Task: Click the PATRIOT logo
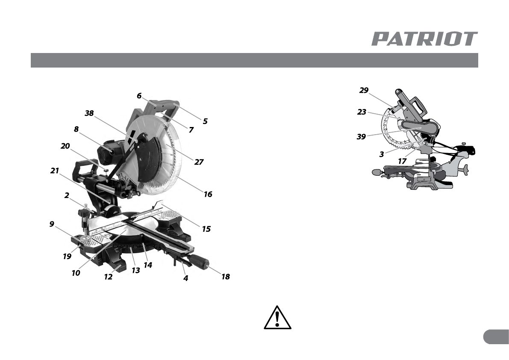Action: pos(424,38)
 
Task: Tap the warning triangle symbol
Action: pos(277,317)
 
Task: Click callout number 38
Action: pos(89,113)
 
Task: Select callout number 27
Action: pos(199,162)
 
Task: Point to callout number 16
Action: pos(208,194)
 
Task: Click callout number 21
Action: pos(55,171)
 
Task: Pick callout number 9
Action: pos(52,224)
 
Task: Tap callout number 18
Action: pos(226,277)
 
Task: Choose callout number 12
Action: pos(108,277)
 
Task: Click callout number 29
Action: pos(364,90)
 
